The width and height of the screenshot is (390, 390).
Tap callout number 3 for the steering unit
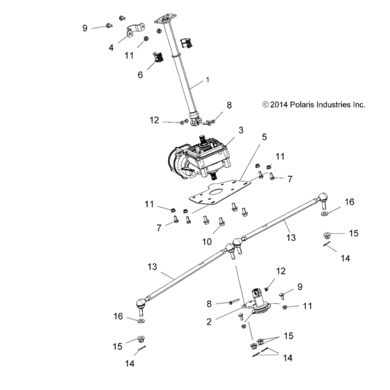coord(241,130)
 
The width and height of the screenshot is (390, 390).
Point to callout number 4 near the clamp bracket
coord(111,48)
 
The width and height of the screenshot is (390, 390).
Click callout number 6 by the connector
coord(141,75)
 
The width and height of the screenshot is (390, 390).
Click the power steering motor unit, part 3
coord(202,157)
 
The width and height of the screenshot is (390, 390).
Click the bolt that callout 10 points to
coord(221,224)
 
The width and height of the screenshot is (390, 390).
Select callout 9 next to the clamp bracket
coord(85,28)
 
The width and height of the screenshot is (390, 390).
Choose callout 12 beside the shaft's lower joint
coord(155,120)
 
